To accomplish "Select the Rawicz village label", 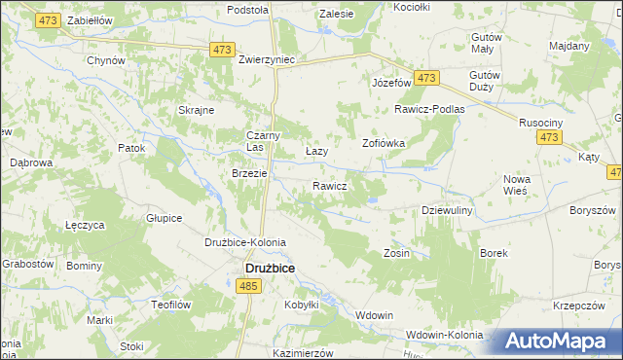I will coord(330,186).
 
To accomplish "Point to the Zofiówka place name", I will coord(384,142).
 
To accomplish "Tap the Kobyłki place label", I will coord(302,305).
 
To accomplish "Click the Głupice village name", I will coord(164,218).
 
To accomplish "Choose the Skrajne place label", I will coord(196,110).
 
